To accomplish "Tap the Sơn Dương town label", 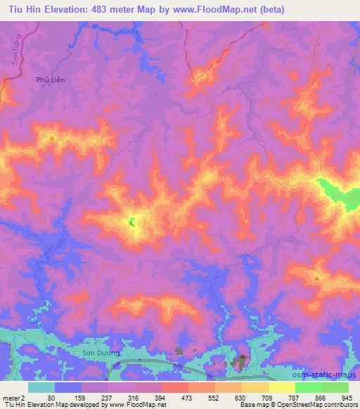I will [x=97, y=352].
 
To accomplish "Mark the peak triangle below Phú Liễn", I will [x=53, y=138].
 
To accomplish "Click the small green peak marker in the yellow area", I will [x=131, y=223].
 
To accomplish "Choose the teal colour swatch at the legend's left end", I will [x=41, y=387].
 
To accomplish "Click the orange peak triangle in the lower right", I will [x=318, y=278].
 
